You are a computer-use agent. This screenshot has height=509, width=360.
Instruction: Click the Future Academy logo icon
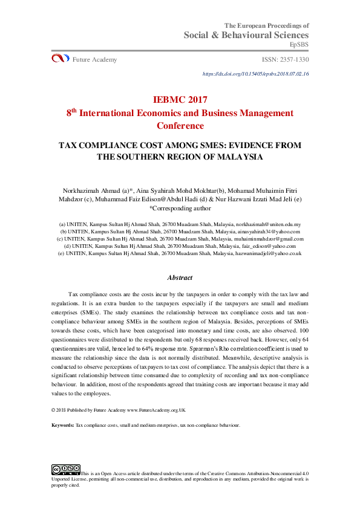tap(60, 59)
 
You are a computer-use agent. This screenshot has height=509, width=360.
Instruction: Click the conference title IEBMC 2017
tap(180, 100)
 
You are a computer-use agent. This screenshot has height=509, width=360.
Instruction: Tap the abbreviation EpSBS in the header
tap(299, 45)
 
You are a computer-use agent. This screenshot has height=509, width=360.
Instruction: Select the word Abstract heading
tap(180, 277)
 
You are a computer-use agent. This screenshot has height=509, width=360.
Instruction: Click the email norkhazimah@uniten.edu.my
tap(267, 224)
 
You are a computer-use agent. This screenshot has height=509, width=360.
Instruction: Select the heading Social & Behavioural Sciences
tap(247, 35)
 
